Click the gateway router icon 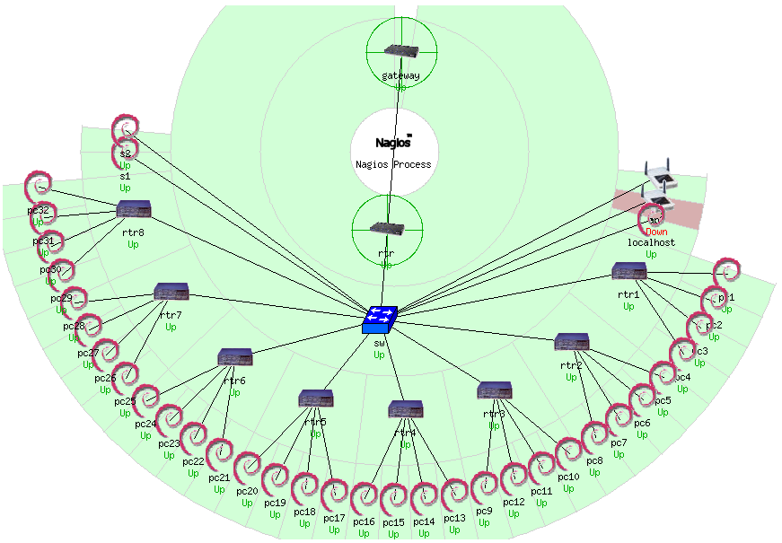[400, 52]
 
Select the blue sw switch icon [381, 319]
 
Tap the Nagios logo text [393, 142]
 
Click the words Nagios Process [393, 164]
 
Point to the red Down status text [656, 232]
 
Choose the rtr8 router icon [134, 209]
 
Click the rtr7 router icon [171, 292]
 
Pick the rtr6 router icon [235, 357]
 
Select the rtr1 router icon [628, 271]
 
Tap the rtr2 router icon [572, 342]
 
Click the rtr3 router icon [495, 390]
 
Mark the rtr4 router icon [406, 409]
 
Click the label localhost [651, 243]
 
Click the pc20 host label [247, 492]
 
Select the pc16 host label [364, 521]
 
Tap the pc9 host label [484, 511]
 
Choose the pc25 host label [125, 401]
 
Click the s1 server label [125, 177]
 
